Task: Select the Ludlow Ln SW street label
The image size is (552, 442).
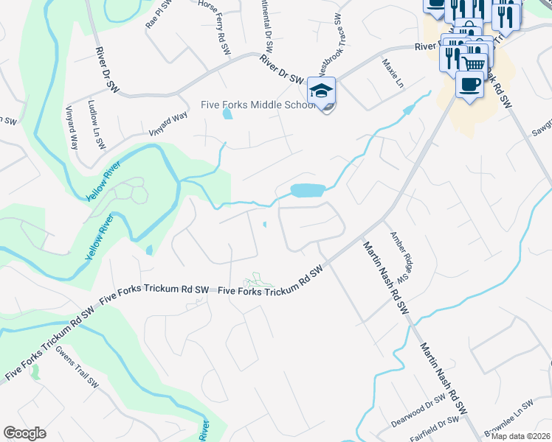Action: [x=97, y=123]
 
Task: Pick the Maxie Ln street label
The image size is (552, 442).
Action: [x=393, y=74]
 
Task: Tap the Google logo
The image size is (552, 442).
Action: [x=25, y=432]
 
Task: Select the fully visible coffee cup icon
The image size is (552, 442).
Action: [x=469, y=85]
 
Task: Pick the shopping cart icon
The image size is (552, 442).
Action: [x=475, y=62]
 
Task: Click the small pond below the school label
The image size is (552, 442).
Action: [x=227, y=114]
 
